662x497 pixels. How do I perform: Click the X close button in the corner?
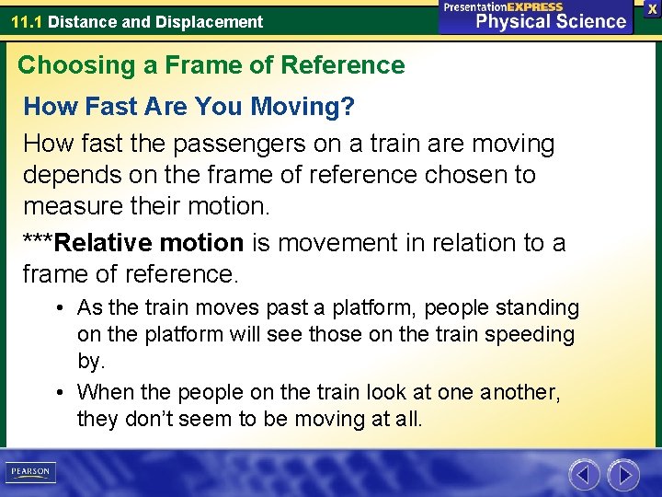[x=652, y=8]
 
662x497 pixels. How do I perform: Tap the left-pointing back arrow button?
[x=584, y=475]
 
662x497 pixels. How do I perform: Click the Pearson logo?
[x=30, y=472]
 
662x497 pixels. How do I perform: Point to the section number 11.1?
[x=27, y=21]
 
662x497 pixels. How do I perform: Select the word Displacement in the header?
[x=216, y=21]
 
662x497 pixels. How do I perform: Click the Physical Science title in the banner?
[x=551, y=21]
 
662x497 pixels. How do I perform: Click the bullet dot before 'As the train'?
[x=59, y=307]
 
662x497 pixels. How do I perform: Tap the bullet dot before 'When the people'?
[x=59, y=393]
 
